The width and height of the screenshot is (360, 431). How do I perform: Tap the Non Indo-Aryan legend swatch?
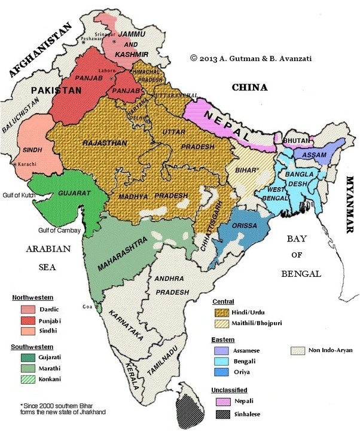click(300, 351)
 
